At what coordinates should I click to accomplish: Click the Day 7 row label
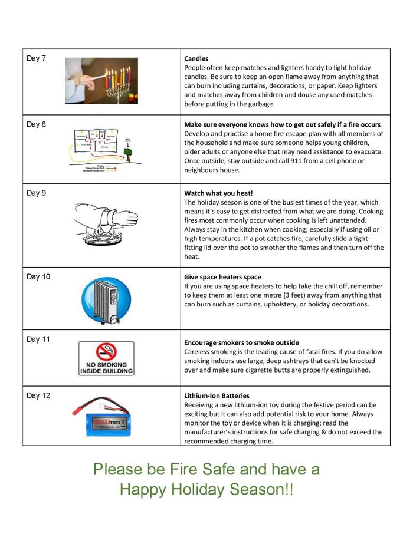click(x=36, y=58)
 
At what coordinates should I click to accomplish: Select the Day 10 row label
click(x=38, y=277)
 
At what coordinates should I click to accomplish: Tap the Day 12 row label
click(x=38, y=395)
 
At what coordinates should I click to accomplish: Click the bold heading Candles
click(x=196, y=59)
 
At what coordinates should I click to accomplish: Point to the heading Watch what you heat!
click(x=218, y=193)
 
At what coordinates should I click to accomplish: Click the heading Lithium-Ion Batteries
click(x=217, y=396)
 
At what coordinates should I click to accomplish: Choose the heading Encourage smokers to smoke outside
click(x=241, y=342)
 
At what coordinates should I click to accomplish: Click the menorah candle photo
click(x=101, y=81)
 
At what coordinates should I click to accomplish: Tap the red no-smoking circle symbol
click(x=106, y=351)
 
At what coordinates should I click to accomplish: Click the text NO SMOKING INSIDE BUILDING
click(x=106, y=368)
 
